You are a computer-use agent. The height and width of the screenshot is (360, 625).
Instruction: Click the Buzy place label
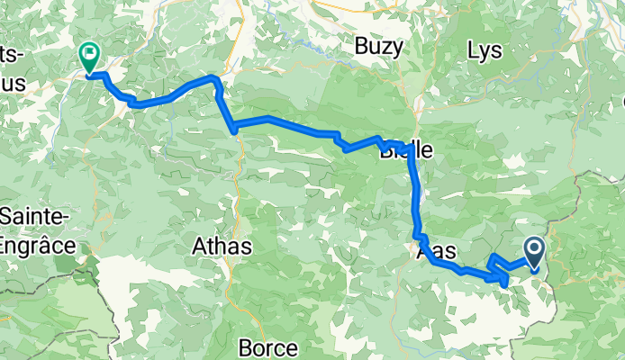[x=375, y=46]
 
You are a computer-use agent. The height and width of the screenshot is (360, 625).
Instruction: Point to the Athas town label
[x=222, y=244]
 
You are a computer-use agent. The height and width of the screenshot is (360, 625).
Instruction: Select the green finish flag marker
[x=89, y=56]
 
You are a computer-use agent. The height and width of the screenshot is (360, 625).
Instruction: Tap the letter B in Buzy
[x=360, y=46]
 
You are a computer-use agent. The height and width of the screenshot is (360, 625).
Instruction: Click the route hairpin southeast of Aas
[x=503, y=283]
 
